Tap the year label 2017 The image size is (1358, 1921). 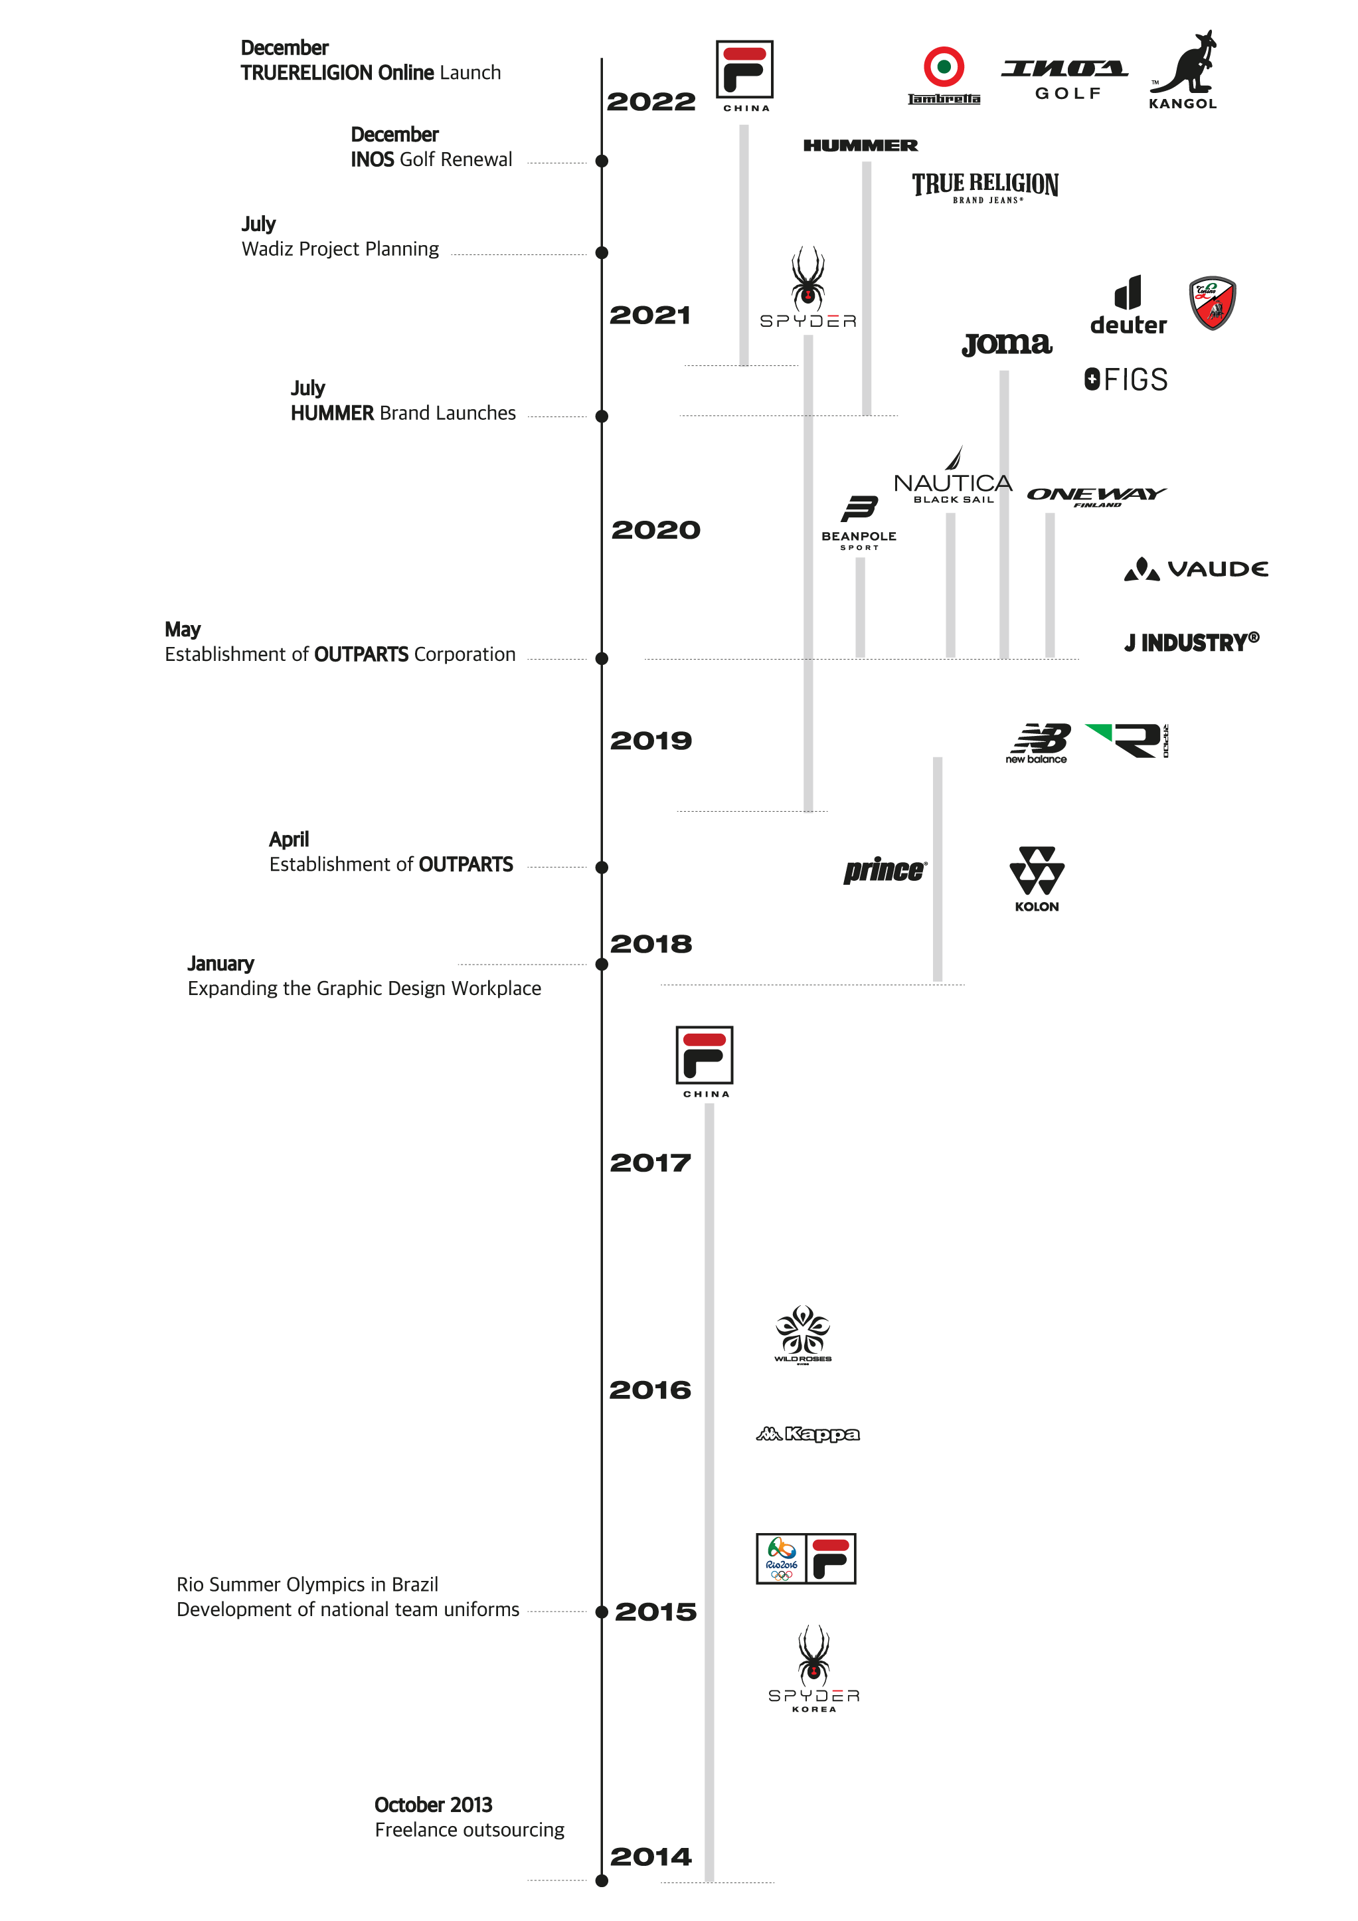click(651, 1162)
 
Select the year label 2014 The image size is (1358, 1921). click(651, 1857)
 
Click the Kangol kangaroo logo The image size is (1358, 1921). click(1183, 70)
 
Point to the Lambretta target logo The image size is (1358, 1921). click(944, 74)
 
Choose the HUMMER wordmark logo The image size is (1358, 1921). click(861, 145)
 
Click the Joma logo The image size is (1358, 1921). click(1007, 342)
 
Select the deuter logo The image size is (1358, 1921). click(1128, 306)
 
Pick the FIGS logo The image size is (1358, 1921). click(1126, 380)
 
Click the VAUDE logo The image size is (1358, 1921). click(1196, 569)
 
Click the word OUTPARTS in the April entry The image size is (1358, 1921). click(466, 864)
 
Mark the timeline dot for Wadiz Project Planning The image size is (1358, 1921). click(602, 252)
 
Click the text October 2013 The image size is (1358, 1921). click(433, 1805)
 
